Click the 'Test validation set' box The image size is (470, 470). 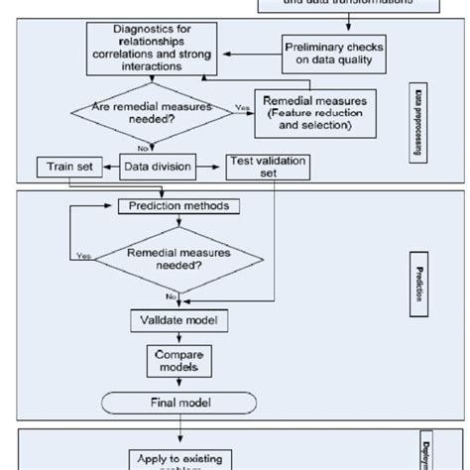coord(268,166)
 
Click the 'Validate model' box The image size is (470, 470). coord(174,319)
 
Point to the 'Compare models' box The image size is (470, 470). coord(174,360)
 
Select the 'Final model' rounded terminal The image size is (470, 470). coord(174,403)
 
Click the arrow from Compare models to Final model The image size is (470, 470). coord(174,383)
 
